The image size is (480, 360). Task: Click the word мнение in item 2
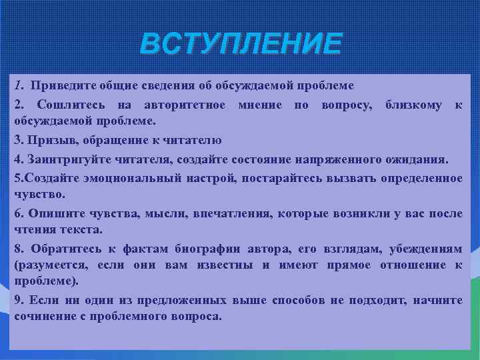pyautogui.click(x=257, y=105)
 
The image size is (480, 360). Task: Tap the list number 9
pyautogui.click(x=18, y=300)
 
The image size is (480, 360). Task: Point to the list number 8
pyautogui.click(x=18, y=249)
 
